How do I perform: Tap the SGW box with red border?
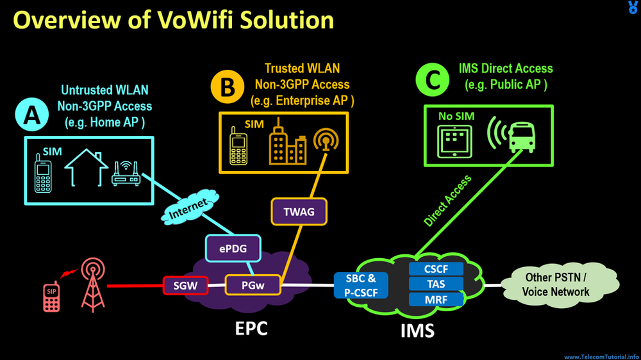185,284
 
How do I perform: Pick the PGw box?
253,284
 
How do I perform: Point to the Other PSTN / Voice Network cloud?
555,285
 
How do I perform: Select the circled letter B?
228,88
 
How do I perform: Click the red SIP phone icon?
50,295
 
